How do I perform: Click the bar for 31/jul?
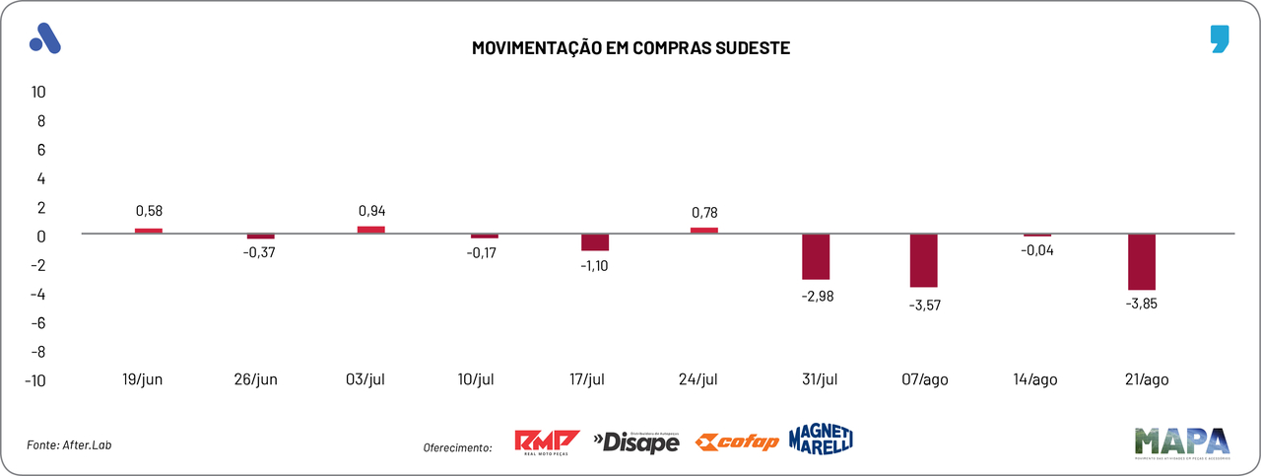click(x=816, y=257)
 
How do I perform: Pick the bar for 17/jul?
click(x=595, y=242)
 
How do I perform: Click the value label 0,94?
click(x=370, y=211)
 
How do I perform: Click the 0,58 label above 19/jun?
click(x=149, y=211)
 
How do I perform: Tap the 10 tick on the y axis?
click(x=38, y=93)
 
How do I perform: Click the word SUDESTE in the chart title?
click(x=750, y=47)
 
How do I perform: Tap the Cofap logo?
click(x=736, y=442)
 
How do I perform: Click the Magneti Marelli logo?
click(x=821, y=440)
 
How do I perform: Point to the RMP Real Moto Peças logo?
click(x=547, y=442)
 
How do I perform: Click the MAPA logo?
click(x=1182, y=442)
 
